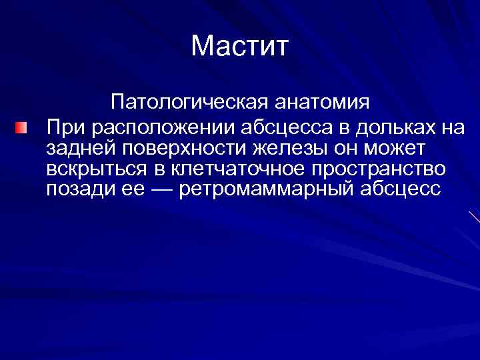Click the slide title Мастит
[239, 47]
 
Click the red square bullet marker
[23, 127]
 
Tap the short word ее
[131, 189]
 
